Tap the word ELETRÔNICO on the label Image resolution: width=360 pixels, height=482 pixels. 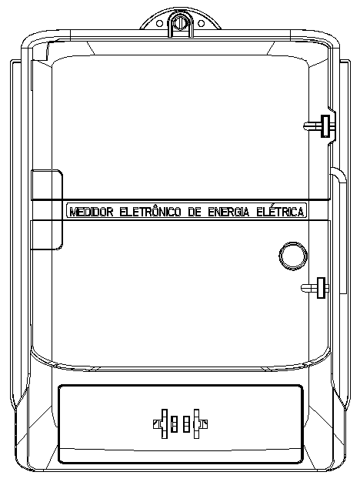click(150, 212)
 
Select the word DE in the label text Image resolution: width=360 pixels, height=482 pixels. click(195, 212)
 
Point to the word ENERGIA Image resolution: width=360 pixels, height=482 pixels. click(228, 212)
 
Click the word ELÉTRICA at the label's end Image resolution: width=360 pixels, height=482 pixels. click(280, 212)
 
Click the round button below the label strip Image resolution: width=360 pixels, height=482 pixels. click(293, 256)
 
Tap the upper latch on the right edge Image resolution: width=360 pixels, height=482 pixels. click(319, 126)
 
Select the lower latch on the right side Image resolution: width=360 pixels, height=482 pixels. click(315, 288)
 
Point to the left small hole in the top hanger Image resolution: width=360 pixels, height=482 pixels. click(159, 23)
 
